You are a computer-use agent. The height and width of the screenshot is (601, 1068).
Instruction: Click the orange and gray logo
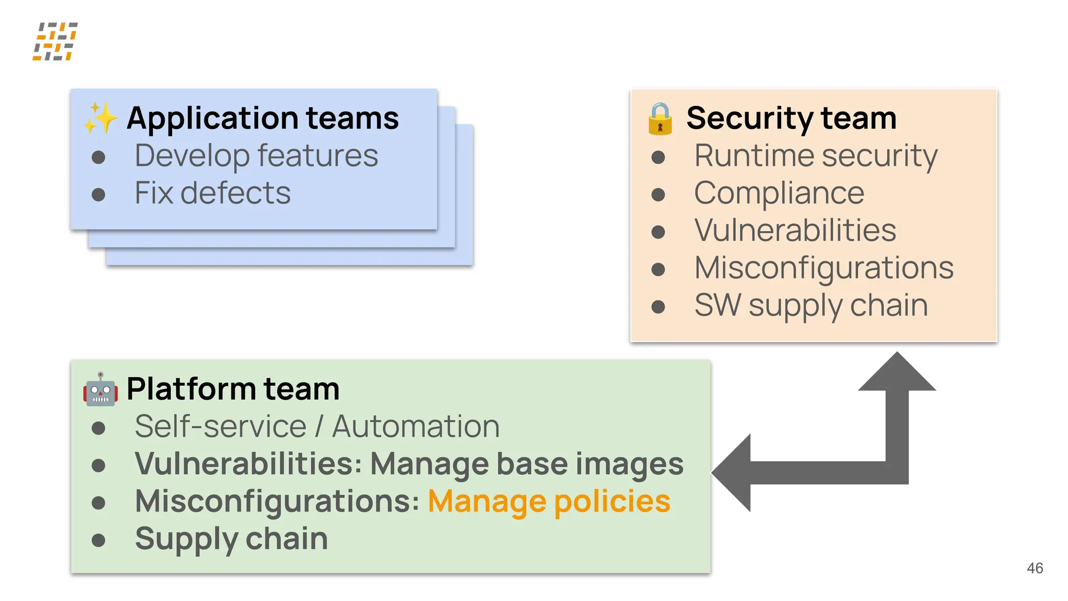click(55, 41)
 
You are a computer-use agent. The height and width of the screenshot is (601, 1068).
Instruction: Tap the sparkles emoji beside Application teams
click(100, 118)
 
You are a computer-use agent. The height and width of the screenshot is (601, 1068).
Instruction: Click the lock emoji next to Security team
click(660, 118)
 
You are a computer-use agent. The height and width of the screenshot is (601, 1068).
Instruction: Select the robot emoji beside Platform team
click(100, 389)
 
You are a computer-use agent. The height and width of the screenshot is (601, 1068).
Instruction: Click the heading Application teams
click(262, 118)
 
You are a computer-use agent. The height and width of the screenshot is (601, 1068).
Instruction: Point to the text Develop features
click(256, 155)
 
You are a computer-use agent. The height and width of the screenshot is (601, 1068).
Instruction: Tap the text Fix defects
click(212, 193)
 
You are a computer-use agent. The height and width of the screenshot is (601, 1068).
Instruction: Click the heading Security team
click(791, 118)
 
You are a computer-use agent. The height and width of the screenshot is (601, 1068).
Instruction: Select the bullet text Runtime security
click(816, 155)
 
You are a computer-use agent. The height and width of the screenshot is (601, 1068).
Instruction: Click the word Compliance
click(779, 193)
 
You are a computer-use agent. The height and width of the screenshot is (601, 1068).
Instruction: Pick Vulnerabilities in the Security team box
click(795, 230)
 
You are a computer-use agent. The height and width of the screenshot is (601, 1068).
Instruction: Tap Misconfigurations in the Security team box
click(824, 268)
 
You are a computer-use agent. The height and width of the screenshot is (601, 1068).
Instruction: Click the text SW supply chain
click(811, 305)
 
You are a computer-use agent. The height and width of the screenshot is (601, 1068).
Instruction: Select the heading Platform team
click(233, 389)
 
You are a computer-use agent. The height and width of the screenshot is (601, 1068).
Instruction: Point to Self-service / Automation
click(317, 426)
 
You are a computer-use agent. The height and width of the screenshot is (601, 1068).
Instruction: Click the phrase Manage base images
click(527, 464)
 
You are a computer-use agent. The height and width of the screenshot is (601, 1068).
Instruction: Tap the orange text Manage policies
click(549, 501)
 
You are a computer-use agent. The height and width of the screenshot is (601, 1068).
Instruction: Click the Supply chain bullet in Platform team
click(231, 538)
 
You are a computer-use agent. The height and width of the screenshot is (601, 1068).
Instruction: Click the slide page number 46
click(1035, 568)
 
